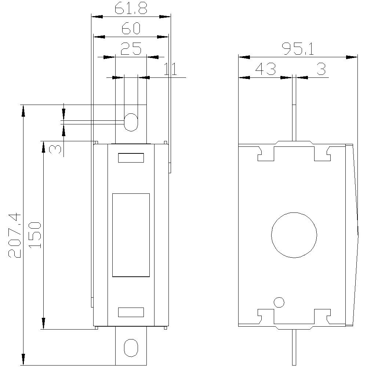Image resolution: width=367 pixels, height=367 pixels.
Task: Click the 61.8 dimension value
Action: (131, 8)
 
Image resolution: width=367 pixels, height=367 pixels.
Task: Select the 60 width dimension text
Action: (131, 29)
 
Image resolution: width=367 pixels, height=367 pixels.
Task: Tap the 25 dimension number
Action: (131, 49)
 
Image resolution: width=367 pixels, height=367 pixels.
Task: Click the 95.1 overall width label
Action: (298, 49)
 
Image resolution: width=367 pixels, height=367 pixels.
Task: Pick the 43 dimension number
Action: (265, 69)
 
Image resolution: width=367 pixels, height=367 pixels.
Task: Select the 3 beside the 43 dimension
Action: (321, 69)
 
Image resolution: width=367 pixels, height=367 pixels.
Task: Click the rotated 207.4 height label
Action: (15, 236)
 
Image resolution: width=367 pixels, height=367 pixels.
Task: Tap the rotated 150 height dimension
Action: (35, 235)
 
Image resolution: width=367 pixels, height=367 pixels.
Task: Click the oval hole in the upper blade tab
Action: (131, 122)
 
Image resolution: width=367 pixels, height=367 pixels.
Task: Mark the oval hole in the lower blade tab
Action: (131, 348)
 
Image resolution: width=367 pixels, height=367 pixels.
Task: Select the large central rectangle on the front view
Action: (131, 235)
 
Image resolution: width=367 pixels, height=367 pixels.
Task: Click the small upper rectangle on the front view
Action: (131, 158)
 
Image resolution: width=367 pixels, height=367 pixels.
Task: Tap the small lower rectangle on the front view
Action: (131, 312)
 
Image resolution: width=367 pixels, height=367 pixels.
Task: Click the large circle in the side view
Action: (294, 235)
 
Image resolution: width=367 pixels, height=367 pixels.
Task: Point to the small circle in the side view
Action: (279, 302)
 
